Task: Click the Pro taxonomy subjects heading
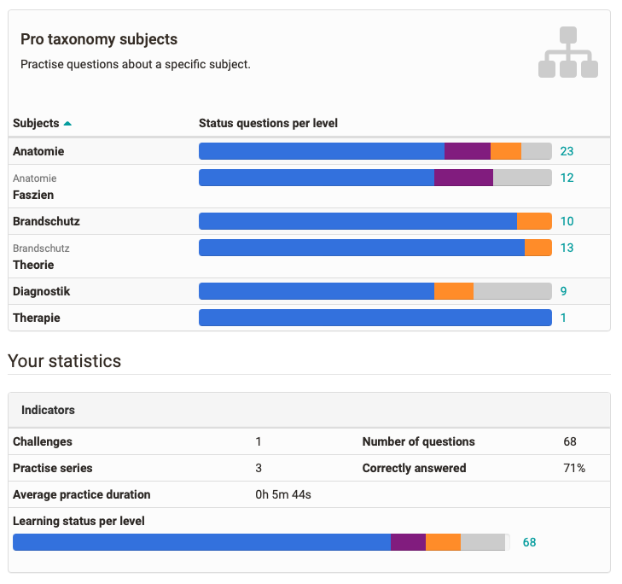[99, 40]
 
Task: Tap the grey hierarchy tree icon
[568, 52]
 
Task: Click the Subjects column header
[36, 123]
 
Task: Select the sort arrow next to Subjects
[67, 124]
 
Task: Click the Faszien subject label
[33, 195]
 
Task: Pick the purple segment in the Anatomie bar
[468, 151]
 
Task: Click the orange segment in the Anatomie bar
[506, 151]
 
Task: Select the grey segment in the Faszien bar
[522, 178]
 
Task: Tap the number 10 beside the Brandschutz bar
[567, 221]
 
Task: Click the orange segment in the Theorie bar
[538, 248]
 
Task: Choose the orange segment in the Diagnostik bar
[454, 291]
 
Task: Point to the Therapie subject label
[37, 318]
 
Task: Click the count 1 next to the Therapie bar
[563, 318]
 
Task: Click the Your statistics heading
[64, 361]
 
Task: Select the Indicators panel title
[48, 410]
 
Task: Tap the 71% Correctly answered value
[573, 468]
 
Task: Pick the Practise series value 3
[259, 468]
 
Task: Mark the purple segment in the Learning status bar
[408, 542]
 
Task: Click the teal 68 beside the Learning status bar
[529, 542]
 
